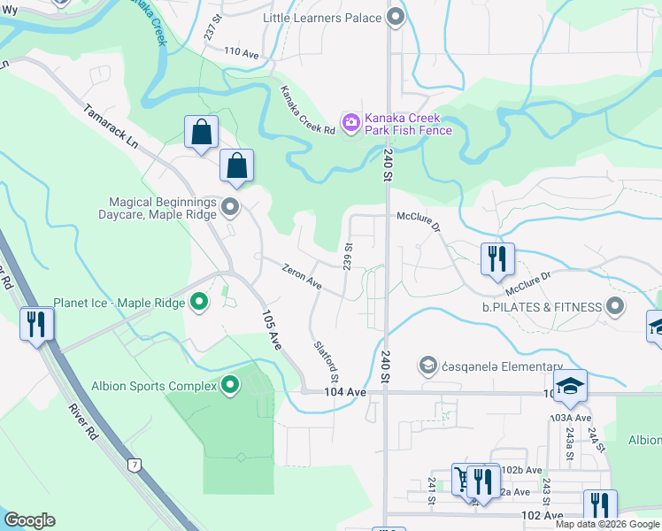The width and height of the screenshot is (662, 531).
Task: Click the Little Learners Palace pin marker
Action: (x=396, y=17)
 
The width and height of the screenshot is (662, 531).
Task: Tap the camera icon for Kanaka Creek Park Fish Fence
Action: (x=351, y=122)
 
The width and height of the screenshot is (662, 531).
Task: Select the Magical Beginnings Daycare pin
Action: (x=231, y=209)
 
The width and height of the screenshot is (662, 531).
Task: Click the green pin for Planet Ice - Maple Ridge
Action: (x=199, y=303)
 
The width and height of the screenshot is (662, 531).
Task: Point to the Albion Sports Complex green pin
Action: (x=230, y=385)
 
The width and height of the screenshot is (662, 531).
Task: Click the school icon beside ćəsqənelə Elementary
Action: (x=428, y=366)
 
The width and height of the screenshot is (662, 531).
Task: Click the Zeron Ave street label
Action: (x=302, y=276)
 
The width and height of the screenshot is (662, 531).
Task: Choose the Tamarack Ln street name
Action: (x=112, y=127)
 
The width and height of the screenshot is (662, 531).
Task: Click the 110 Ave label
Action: (x=241, y=53)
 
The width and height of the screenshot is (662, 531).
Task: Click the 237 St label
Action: (x=210, y=29)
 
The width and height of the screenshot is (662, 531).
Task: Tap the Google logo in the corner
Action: (x=29, y=520)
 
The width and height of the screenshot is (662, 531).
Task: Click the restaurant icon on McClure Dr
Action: (x=497, y=258)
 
